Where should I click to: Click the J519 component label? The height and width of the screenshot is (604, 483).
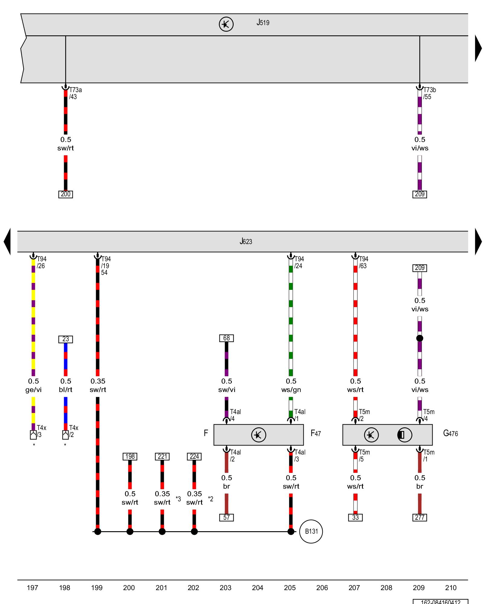point(263,23)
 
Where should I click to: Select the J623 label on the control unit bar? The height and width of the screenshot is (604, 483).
point(246,241)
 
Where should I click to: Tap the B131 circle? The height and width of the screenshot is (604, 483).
point(311,531)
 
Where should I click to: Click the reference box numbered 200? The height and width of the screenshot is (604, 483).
point(66,194)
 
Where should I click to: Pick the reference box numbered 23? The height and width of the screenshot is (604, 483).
point(66,339)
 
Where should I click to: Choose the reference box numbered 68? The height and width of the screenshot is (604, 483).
point(226,338)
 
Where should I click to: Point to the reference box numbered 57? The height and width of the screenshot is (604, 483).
point(226,517)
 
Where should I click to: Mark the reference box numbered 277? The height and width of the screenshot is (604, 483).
point(420,517)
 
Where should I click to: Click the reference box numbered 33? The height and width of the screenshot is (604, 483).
point(355,517)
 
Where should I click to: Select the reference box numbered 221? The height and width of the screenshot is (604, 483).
point(162,456)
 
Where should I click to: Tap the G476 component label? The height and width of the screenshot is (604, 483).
point(450,433)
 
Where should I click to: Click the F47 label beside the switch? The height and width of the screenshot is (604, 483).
point(316,433)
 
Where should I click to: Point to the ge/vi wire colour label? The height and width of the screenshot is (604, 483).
point(33,390)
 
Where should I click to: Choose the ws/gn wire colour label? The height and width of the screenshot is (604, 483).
point(291,390)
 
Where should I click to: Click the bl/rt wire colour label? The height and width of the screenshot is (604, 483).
point(66,390)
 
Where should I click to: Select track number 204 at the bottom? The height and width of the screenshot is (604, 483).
point(257,588)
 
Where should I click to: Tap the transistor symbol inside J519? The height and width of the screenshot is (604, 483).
point(226,24)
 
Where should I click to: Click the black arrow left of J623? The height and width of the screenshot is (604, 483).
point(7,241)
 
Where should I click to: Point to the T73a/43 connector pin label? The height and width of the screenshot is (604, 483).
point(75,93)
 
